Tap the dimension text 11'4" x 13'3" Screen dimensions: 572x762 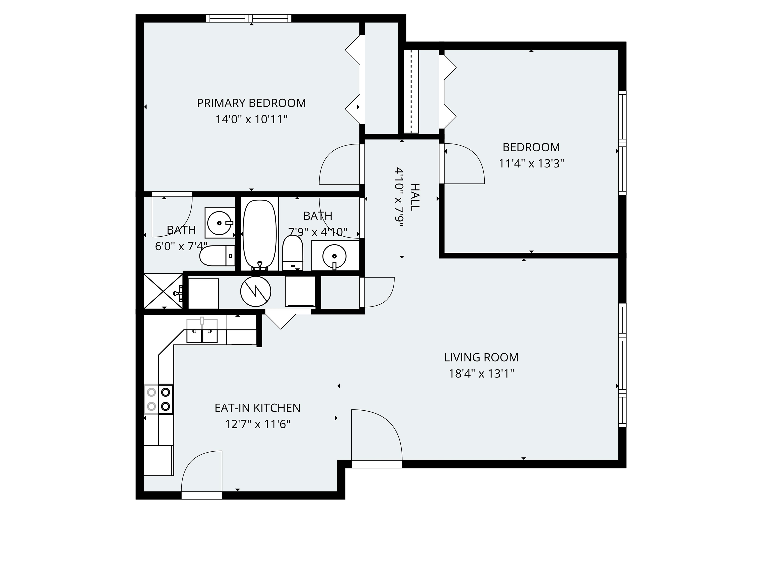[x=531, y=163]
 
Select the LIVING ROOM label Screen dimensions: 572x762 [x=481, y=357]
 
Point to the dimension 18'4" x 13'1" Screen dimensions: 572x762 [x=481, y=374]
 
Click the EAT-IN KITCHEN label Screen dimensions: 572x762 [x=257, y=408]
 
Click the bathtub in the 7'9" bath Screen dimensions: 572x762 [x=259, y=234]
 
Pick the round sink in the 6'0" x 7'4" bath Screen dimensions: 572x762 [x=220, y=223]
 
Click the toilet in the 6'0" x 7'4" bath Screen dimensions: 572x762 [x=216, y=256]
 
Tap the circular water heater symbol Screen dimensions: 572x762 [x=255, y=291]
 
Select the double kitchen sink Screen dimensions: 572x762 [x=202, y=331]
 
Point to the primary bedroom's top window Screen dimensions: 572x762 [x=249, y=18]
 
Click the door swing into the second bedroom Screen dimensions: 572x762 [x=463, y=164]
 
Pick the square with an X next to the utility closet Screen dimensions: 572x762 [x=163, y=291]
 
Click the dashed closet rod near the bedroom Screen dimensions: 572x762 [x=411, y=91]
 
